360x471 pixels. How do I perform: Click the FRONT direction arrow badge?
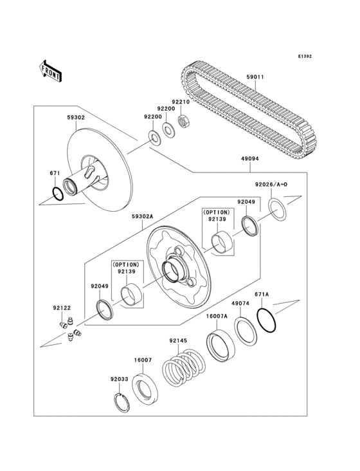[x=51, y=69]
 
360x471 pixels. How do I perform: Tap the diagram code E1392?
[x=304, y=57]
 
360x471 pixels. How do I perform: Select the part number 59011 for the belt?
[x=255, y=78]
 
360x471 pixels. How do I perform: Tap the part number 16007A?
[x=217, y=317]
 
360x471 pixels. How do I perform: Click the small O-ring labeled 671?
[x=57, y=192]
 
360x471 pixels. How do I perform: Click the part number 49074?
[x=240, y=303]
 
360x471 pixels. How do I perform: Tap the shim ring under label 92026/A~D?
[x=278, y=209]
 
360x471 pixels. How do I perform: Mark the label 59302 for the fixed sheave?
[x=76, y=118]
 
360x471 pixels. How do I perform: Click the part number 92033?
[x=119, y=380]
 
